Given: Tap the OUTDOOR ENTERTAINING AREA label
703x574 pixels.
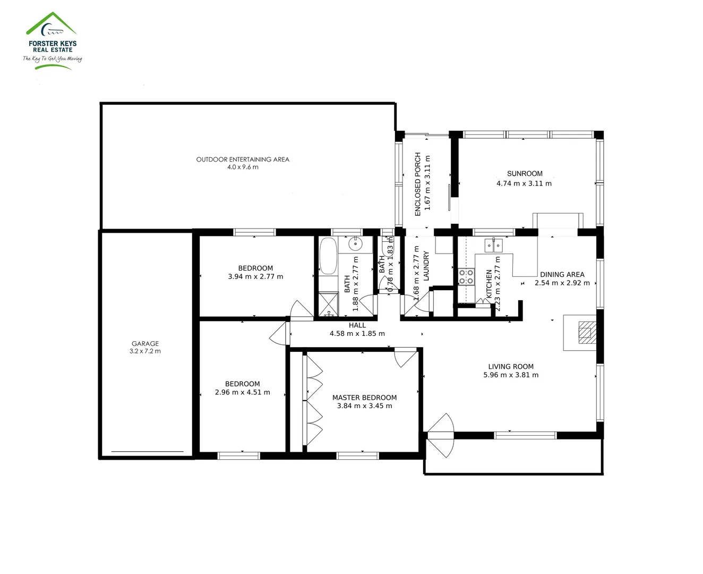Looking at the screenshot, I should pos(243,159).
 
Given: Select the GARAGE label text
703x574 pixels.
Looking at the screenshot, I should pos(145,344).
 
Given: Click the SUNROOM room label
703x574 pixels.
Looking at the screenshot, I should pos(525,174).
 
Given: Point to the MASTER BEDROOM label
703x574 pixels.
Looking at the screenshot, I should pos(364,398).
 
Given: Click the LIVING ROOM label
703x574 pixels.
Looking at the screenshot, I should pos(511,367).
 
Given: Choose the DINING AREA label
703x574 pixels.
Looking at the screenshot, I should pos(562,275).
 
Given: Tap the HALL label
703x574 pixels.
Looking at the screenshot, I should pos(357,325).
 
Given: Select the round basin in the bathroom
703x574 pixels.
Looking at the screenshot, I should pos(355,244).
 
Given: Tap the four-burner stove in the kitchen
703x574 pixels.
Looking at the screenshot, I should pos(466,277).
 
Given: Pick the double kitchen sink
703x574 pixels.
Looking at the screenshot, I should pos(493,245).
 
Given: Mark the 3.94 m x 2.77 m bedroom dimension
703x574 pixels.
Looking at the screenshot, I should pos(255,276).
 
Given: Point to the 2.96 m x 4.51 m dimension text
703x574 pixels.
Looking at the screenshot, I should pos(242,392).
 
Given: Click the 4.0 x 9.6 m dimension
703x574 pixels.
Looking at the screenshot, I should pos(243,167).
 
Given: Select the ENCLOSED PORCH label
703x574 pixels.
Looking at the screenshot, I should pos(418,184).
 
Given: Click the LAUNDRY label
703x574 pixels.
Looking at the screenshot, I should pos(426,266).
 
